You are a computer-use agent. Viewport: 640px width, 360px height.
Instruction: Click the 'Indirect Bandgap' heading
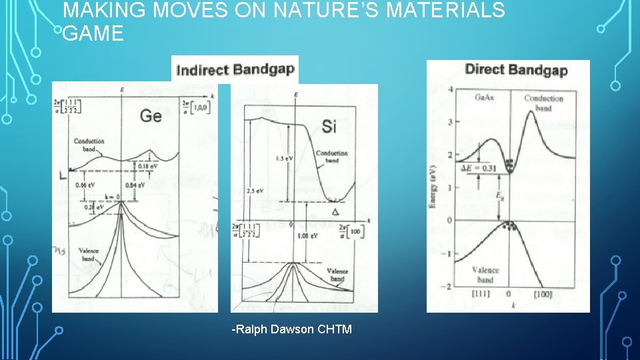click(235, 69)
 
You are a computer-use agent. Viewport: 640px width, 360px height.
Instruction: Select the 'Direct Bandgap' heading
click(516, 69)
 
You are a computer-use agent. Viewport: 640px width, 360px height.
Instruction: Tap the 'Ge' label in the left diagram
click(151, 115)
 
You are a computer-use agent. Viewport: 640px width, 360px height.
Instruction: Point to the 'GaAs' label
click(485, 97)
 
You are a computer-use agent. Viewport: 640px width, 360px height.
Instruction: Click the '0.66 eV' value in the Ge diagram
click(89, 185)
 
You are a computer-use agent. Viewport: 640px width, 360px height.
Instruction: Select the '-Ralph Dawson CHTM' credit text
click(291, 329)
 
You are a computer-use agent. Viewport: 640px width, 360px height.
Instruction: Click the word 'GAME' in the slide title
click(93, 34)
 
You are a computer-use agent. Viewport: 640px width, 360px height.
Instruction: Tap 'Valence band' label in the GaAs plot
click(485, 275)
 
